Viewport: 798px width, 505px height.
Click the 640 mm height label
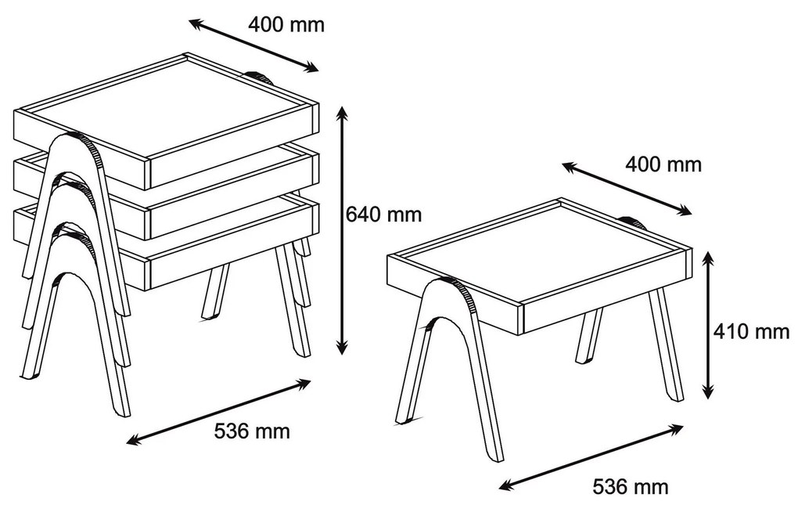pos(383,214)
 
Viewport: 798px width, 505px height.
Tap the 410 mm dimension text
pos(751,331)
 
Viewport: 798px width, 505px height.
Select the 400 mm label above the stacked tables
pos(286,24)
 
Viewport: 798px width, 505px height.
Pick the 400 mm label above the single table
pos(663,164)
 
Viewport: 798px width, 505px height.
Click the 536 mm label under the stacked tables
pos(252,431)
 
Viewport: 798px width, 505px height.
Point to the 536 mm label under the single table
pos(631,486)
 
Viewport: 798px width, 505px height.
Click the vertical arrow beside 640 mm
pos(343,230)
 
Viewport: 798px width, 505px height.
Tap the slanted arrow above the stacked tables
pos(253,46)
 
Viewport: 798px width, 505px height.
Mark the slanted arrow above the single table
pos(627,189)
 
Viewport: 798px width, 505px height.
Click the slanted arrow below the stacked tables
pos(219,412)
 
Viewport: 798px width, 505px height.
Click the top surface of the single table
pos(540,254)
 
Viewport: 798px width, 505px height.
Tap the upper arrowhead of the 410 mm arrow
pos(707,254)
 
